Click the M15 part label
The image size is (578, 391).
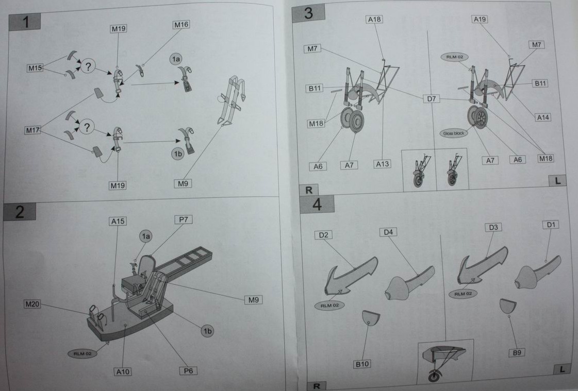[x=35, y=67]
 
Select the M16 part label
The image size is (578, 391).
[x=181, y=25]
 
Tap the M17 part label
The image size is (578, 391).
[x=32, y=131]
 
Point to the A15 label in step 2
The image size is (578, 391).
[x=118, y=221]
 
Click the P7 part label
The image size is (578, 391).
[x=184, y=220]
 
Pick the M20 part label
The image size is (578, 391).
[x=32, y=304]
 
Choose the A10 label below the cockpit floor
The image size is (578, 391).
[x=123, y=371]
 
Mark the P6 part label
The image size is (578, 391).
[x=188, y=370]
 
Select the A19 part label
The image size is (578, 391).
[x=480, y=20]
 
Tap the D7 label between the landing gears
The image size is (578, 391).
[x=431, y=98]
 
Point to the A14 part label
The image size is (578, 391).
[x=543, y=117]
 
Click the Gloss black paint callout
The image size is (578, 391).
[x=454, y=133]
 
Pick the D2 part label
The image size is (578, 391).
[x=324, y=235]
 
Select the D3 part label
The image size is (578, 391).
[x=493, y=227]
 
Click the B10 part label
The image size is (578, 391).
[x=362, y=364]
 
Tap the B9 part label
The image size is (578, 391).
[x=517, y=353]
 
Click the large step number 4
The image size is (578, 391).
[x=317, y=205]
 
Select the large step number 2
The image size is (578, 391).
[x=20, y=212]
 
